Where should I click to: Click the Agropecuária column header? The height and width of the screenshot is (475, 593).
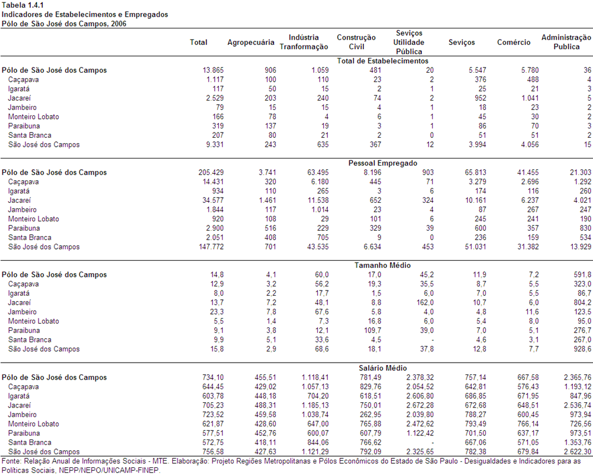point(251,43)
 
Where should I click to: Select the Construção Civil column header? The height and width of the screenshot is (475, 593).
point(356,42)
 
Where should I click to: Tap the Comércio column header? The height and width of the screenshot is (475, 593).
point(514,43)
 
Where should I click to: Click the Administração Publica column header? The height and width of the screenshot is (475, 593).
point(566,42)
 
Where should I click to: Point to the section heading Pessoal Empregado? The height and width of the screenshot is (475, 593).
point(383,163)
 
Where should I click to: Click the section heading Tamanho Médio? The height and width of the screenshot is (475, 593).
point(382,265)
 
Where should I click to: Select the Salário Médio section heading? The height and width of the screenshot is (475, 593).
point(383,368)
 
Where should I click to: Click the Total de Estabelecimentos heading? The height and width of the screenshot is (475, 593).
point(383,61)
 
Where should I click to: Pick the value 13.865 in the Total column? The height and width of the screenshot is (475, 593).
point(213,70)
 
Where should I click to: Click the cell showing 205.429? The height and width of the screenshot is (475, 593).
point(211,173)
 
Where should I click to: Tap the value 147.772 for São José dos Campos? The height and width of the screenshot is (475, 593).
point(211,247)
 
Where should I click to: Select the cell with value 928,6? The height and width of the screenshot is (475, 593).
point(582,349)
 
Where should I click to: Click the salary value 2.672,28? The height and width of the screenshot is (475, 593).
point(420,405)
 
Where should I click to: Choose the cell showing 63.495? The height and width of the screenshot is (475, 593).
point(318,173)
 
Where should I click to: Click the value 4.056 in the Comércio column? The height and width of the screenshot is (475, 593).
point(530,145)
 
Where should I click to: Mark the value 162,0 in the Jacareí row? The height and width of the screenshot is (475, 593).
point(425,303)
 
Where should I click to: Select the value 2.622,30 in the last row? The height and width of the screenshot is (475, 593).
point(577,452)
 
